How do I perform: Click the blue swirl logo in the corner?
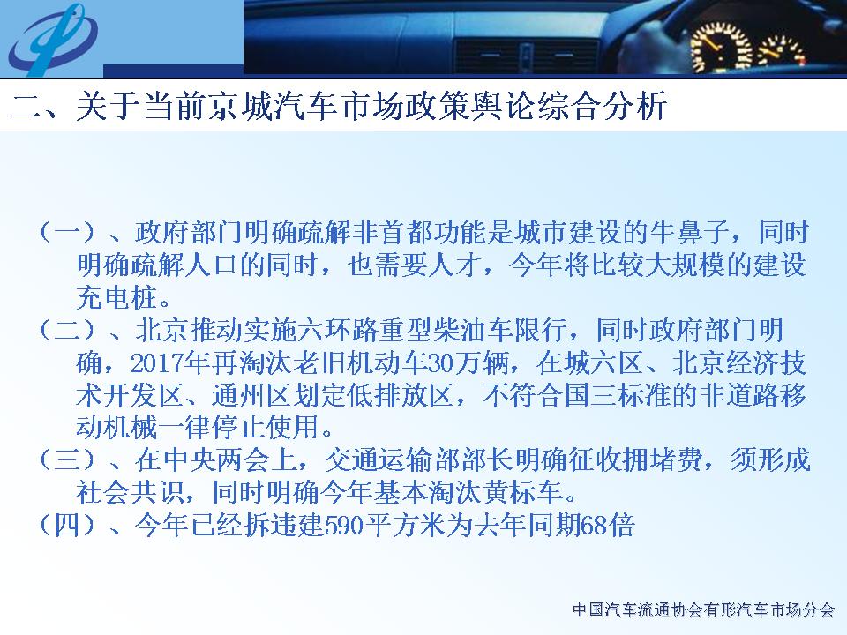(52, 39)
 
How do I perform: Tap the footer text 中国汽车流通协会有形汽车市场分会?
(704, 609)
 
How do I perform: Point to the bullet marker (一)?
(68, 232)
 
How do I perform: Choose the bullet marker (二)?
(68, 329)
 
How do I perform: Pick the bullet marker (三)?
(68, 459)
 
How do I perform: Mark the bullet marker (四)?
(68, 525)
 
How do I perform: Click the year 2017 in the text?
(157, 362)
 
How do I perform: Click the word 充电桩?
(117, 297)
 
